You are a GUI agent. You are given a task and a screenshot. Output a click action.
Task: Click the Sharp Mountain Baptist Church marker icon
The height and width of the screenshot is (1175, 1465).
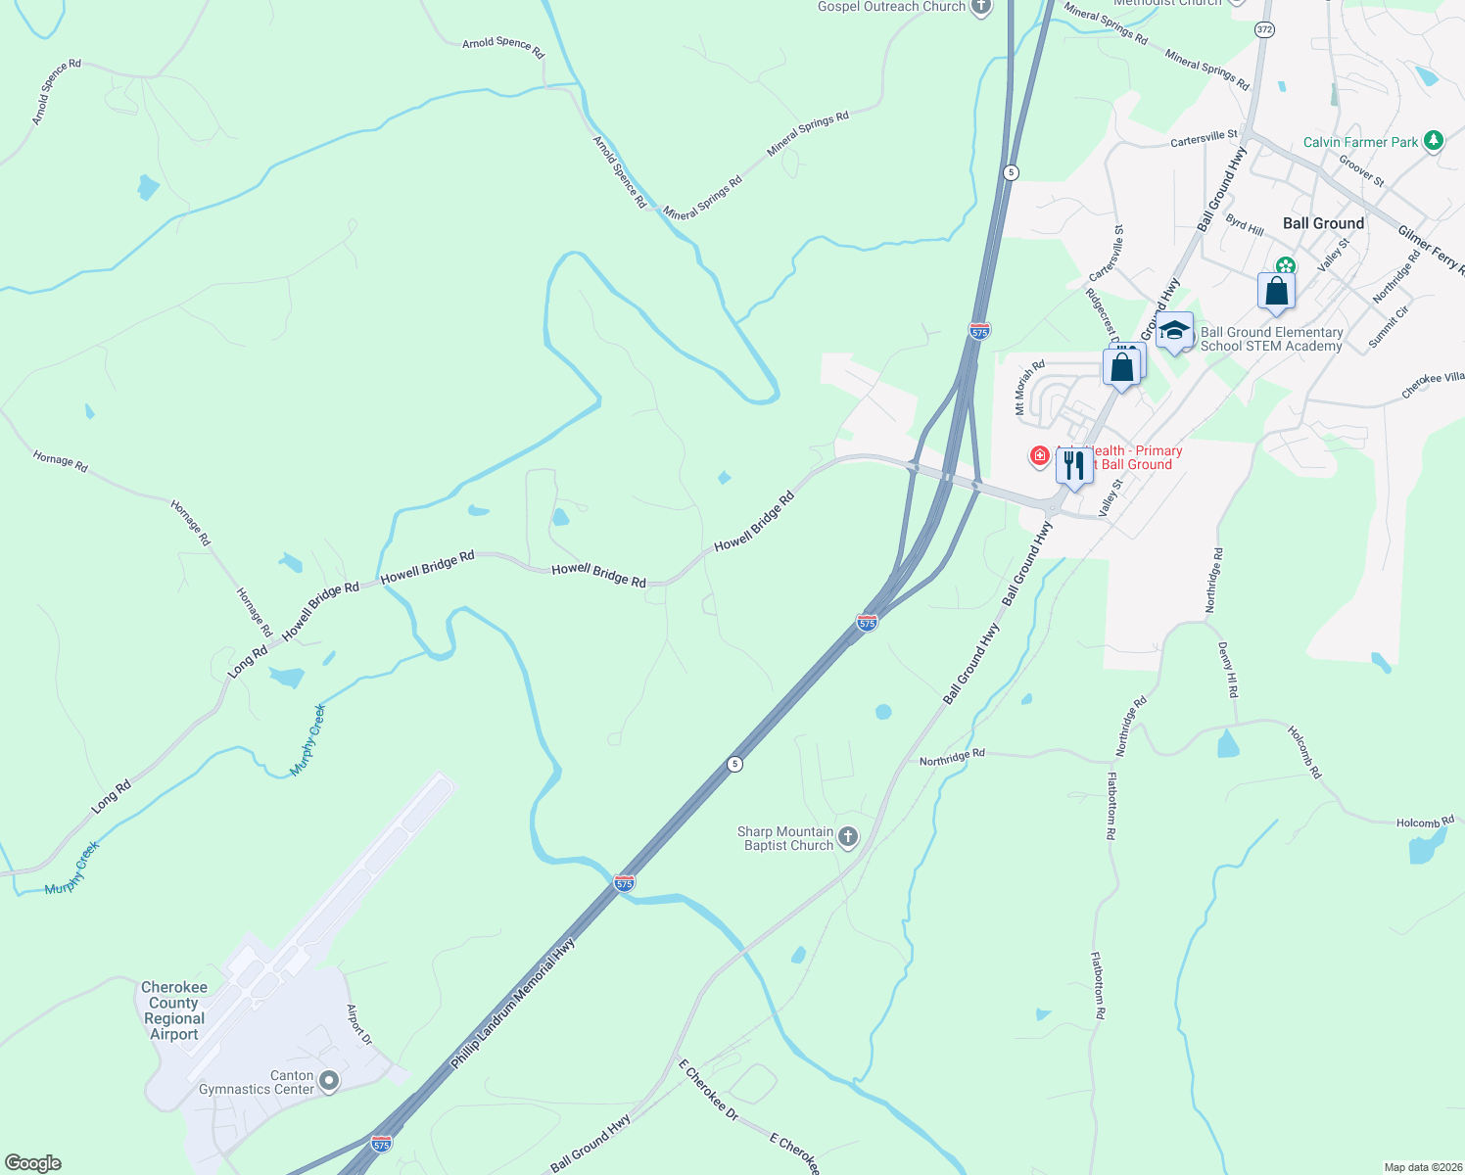pos(849,837)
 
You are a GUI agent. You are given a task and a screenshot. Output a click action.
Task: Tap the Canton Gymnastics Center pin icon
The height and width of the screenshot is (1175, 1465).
pos(329,1081)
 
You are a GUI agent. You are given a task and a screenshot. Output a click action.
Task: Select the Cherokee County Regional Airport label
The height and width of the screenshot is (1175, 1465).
pos(174,1010)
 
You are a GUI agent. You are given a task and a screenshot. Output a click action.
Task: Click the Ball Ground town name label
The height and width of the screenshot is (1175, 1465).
pos(1323,223)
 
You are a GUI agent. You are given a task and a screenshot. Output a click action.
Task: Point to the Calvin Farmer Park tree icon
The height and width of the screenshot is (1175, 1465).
pos(1434,141)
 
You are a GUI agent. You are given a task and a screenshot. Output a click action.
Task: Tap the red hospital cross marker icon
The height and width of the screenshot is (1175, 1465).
pos(1040,455)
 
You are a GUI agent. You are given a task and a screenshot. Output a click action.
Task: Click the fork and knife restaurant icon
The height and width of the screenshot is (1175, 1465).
pos(1074,465)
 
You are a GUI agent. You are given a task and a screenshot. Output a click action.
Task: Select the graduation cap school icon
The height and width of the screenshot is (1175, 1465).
pos(1174,331)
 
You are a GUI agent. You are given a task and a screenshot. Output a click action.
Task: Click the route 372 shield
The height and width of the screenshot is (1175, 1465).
pos(1264,30)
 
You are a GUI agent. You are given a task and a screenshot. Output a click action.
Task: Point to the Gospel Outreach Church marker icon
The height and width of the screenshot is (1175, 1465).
pos(980,7)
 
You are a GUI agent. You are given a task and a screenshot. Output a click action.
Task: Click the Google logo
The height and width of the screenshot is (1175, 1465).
pos(33,1163)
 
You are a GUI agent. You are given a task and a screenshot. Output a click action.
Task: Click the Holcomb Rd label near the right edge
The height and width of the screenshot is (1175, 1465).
pos(1425,822)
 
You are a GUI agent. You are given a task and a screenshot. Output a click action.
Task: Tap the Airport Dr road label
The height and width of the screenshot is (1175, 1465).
pos(359,1023)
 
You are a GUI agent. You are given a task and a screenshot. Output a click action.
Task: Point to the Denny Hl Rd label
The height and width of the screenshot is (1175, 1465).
pos(1228,670)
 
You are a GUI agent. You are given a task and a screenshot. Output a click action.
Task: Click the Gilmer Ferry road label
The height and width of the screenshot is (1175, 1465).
pos(1431,249)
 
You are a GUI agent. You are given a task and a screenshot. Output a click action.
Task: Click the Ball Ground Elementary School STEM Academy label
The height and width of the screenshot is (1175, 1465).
pos(1271,339)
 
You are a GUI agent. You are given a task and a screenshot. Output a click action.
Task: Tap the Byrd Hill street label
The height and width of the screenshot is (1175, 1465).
pos(1245,224)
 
